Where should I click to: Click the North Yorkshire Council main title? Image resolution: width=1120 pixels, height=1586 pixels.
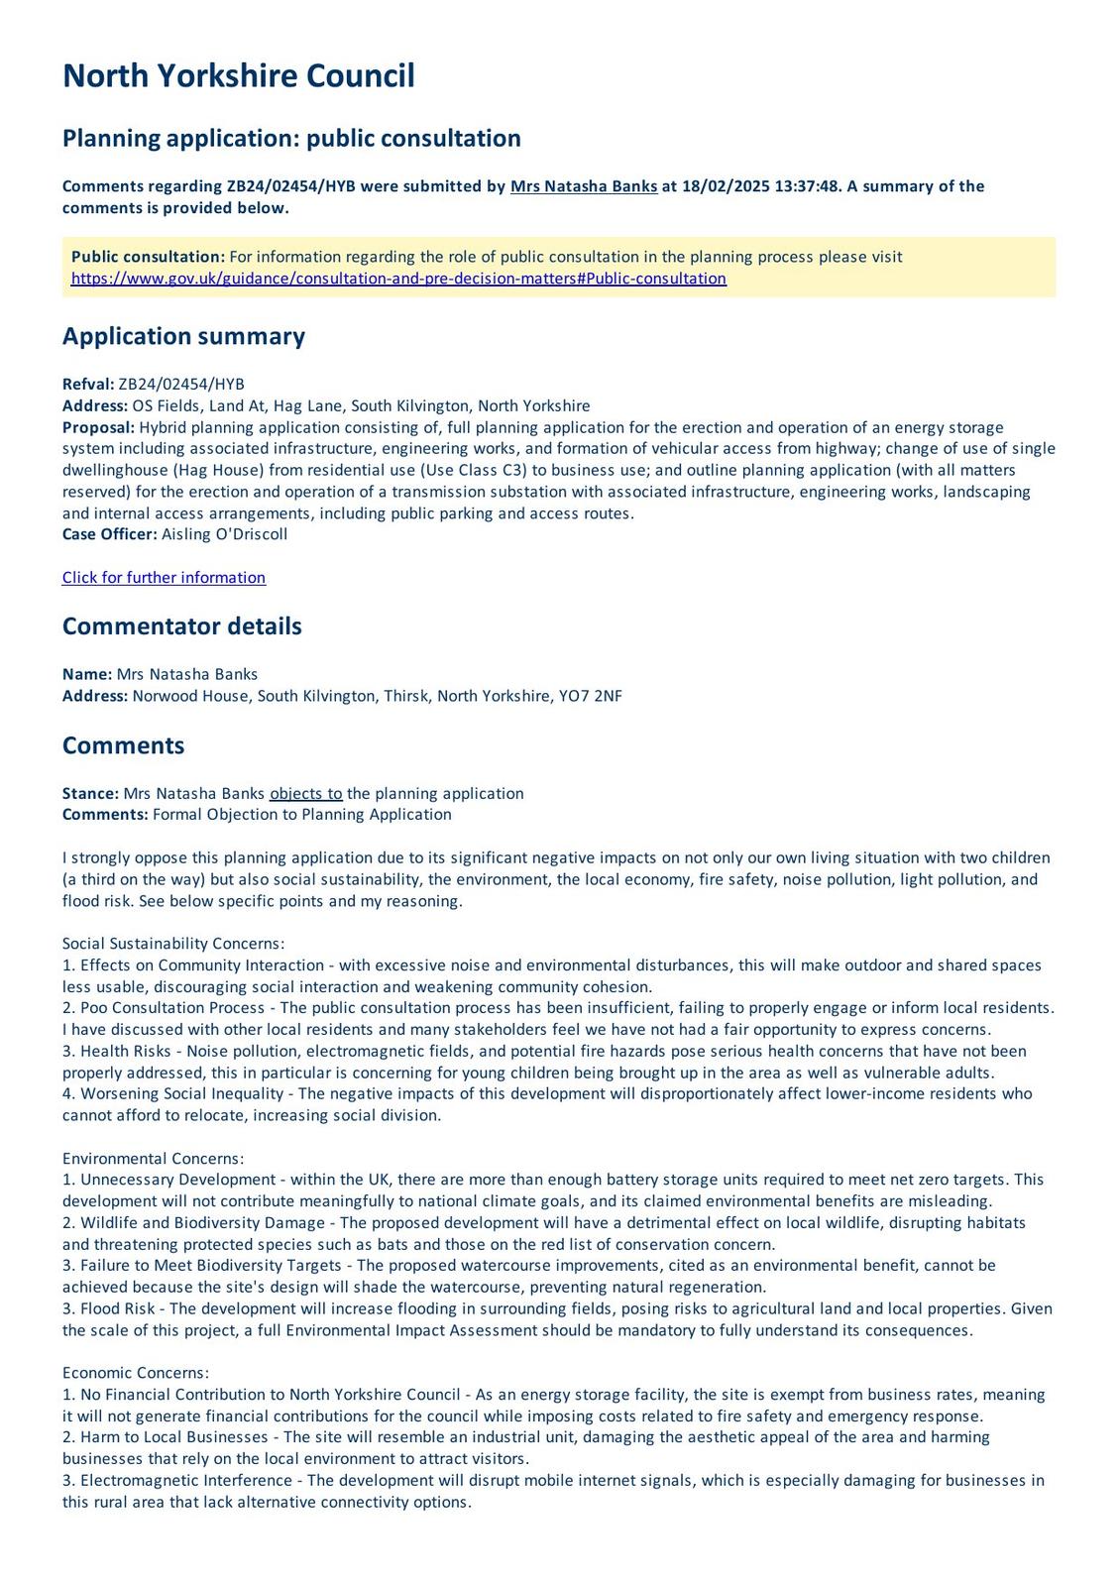click(238, 76)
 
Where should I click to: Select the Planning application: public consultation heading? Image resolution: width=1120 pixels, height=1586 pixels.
click(291, 138)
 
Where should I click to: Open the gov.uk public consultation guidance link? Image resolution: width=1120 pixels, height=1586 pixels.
click(398, 279)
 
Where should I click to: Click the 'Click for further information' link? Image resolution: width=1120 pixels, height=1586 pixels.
click(164, 578)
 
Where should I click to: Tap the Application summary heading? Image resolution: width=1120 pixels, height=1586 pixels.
click(183, 336)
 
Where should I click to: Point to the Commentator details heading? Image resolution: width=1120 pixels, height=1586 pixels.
click(181, 626)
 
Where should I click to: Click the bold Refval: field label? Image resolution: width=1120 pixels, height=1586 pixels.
click(88, 385)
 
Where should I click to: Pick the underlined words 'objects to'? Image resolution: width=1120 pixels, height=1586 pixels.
click(305, 794)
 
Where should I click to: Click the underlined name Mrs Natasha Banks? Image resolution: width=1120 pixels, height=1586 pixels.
click(583, 186)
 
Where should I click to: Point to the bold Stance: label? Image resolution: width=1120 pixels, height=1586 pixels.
click(90, 794)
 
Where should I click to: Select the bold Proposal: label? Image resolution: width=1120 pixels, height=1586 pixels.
click(98, 428)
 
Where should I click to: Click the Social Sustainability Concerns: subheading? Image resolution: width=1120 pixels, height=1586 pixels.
click(173, 945)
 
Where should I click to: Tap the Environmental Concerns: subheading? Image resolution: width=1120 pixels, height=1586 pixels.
click(153, 1159)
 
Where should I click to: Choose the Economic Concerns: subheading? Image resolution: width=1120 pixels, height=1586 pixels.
click(136, 1374)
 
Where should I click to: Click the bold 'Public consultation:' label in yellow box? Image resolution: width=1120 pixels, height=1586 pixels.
click(148, 258)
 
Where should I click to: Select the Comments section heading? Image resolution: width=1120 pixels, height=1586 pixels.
click(123, 745)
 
